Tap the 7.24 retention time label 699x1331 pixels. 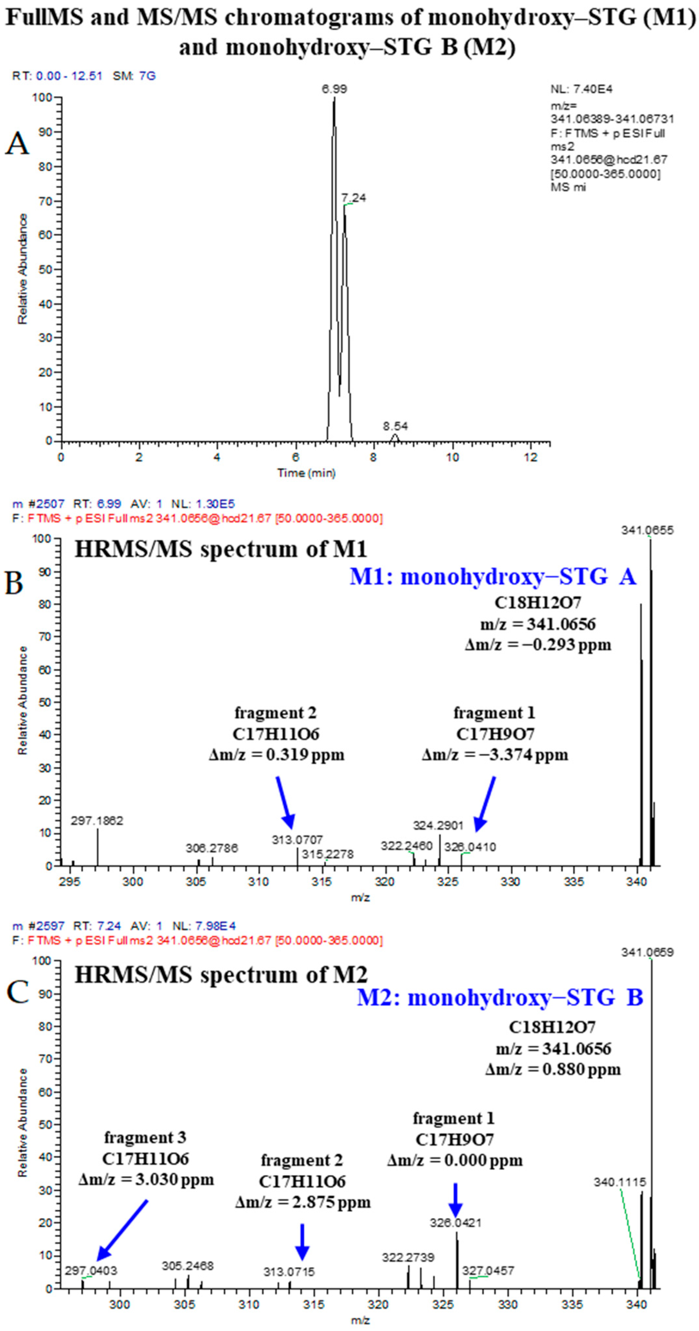click(x=354, y=198)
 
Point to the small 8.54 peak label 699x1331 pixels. click(x=395, y=426)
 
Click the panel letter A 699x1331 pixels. click(x=17, y=144)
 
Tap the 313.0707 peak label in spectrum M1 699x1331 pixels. click(x=297, y=840)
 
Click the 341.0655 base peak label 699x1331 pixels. click(x=647, y=531)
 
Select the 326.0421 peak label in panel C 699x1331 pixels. click(x=455, y=1222)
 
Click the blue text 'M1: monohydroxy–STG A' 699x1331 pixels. click(x=492, y=577)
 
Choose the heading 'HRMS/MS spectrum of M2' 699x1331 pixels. click(x=221, y=974)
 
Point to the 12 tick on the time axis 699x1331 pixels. click(x=531, y=457)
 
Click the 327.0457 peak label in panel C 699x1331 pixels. click(x=488, y=1271)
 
